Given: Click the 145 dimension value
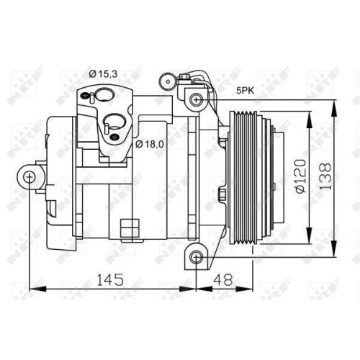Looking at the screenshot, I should click(x=109, y=278).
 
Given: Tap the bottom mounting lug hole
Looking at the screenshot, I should click(x=194, y=257).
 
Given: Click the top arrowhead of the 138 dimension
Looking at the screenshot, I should click(x=336, y=102).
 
